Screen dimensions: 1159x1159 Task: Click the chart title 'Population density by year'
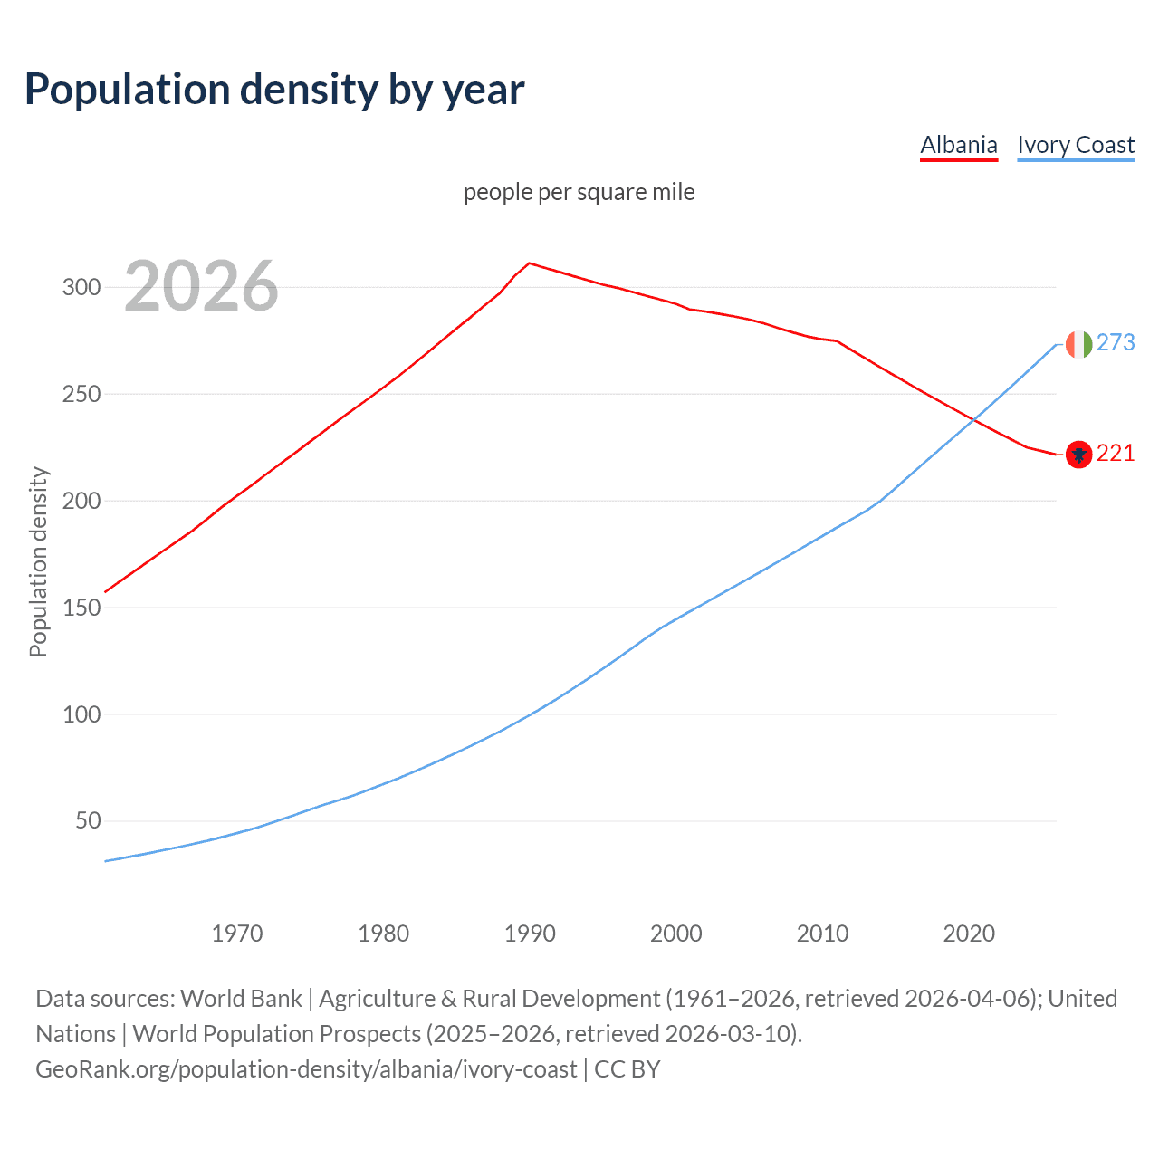[274, 90]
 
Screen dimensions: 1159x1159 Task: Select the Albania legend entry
[959, 145]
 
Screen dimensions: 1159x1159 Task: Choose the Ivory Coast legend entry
[1076, 145]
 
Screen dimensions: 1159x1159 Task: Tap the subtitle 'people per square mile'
[579, 192]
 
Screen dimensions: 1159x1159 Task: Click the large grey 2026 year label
[201, 287]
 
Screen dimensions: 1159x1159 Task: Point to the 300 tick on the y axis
[81, 288]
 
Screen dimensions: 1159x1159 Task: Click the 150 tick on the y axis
[81, 608]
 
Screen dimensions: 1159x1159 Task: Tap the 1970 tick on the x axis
[237, 934]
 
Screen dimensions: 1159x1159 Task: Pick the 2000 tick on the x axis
[676, 934]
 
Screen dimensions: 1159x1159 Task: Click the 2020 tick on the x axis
[969, 934]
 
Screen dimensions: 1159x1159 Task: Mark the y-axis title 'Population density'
[38, 561]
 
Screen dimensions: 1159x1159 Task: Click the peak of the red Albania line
[530, 263]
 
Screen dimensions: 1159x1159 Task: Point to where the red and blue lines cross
[973, 419]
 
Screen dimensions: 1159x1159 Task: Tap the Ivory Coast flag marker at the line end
[1078, 344]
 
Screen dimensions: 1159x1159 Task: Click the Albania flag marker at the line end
[1078, 455]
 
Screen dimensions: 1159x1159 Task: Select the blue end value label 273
[1116, 342]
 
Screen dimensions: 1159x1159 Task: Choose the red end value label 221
[1116, 453]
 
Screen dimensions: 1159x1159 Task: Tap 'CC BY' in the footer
[627, 1069]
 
